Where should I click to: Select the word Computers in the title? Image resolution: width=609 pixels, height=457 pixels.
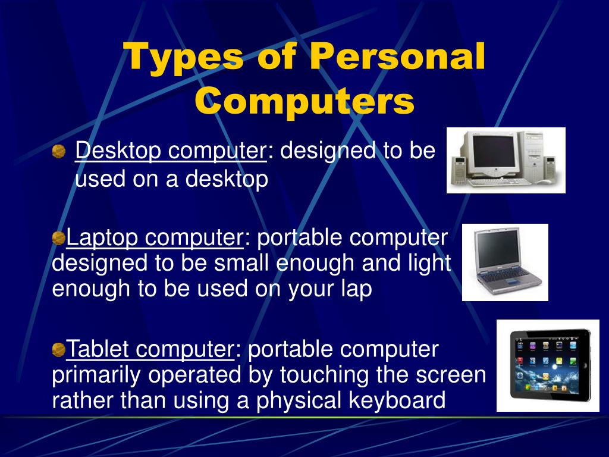pos(304,100)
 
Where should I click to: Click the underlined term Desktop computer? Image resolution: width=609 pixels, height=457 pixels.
pos(171,151)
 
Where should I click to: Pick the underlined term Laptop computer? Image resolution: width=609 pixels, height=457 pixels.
pos(155,238)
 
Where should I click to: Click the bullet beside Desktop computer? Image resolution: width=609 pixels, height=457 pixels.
pos(59,152)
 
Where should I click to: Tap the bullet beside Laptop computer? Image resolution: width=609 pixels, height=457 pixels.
pos(58,238)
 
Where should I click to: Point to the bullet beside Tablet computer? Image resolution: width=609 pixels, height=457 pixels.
pos(58,350)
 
